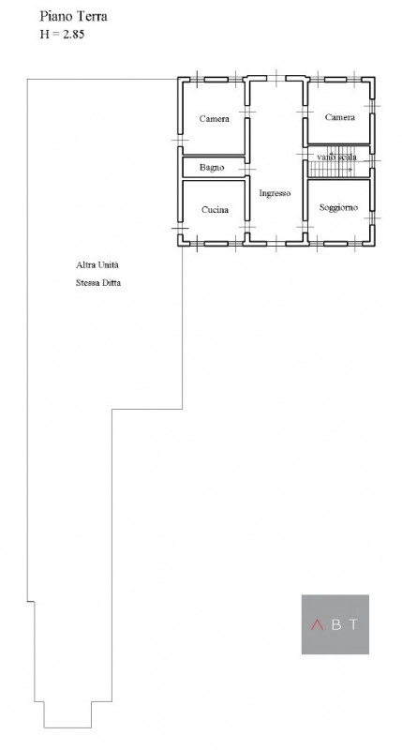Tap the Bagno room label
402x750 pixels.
[211, 167]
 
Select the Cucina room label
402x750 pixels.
[215, 209]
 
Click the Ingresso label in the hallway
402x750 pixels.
[275, 193]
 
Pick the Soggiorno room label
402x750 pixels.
[337, 206]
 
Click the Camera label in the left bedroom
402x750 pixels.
[215, 119]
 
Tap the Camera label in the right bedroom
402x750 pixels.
[339, 117]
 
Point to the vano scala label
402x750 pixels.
[336, 157]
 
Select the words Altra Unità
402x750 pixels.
[98, 265]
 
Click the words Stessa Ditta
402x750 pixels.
[99, 282]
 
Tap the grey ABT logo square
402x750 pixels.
[335, 623]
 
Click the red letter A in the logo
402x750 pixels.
[316, 624]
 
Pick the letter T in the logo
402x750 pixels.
[354, 624]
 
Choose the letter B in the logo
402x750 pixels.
[335, 624]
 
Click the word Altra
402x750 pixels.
[88, 265]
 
